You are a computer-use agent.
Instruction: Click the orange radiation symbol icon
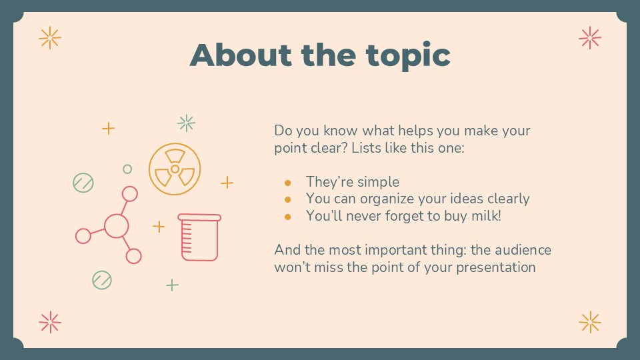(175, 169)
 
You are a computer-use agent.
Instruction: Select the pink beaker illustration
(199, 237)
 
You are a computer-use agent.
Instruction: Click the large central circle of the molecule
(116, 225)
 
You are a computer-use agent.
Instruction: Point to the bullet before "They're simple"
(288, 182)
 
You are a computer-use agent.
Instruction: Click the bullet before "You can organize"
(288, 199)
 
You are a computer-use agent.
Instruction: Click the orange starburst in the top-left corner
(50, 38)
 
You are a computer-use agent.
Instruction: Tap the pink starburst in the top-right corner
(590, 38)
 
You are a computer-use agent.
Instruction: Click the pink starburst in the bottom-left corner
(50, 322)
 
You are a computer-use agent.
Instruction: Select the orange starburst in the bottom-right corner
(590, 322)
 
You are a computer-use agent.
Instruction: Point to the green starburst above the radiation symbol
(186, 123)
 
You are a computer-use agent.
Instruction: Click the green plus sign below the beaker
(172, 285)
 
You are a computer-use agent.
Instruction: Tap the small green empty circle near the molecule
(127, 169)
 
